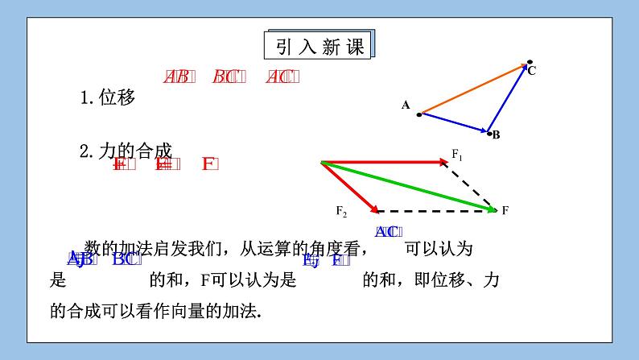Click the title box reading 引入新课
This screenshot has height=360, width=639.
pos(320,45)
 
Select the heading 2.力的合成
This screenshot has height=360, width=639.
pos(126,151)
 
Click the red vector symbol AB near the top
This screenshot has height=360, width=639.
pos(177,77)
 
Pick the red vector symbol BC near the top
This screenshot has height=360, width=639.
pos(226,77)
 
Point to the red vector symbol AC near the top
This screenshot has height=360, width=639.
pos(282,77)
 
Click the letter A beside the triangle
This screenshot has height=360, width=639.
pos(406,105)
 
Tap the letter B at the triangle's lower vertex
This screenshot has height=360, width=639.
pos(497,134)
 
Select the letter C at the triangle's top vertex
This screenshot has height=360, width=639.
pos(532,71)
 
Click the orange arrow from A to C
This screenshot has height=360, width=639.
pos(473,89)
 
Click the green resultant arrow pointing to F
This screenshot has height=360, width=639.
pos(409,186)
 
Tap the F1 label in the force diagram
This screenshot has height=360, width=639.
pos(457,153)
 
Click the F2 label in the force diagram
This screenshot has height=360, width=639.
pos(341,211)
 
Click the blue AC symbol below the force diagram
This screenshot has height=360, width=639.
pos(386,231)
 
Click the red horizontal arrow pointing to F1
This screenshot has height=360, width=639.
pos(384,162)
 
